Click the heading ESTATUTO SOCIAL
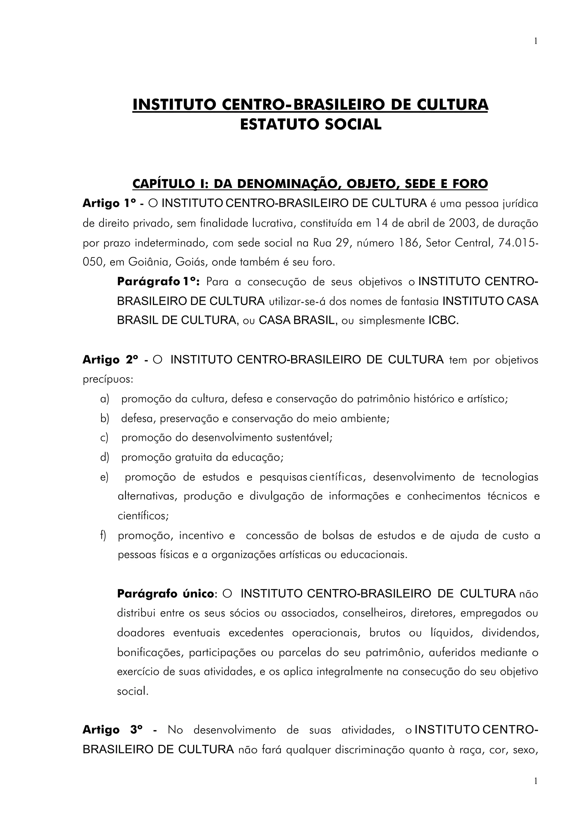pyautogui.click(x=311, y=124)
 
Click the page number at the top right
pyautogui.click(x=535, y=41)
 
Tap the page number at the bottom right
pyautogui.click(x=535, y=781)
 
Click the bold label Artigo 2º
pyautogui.click(x=110, y=360)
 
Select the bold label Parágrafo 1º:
pyautogui.click(x=157, y=282)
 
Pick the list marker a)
pyautogui.click(x=104, y=399)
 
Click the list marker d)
pyautogui.click(x=104, y=457)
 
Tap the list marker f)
pyautogui.click(x=103, y=535)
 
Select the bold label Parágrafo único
pyautogui.click(x=165, y=594)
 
